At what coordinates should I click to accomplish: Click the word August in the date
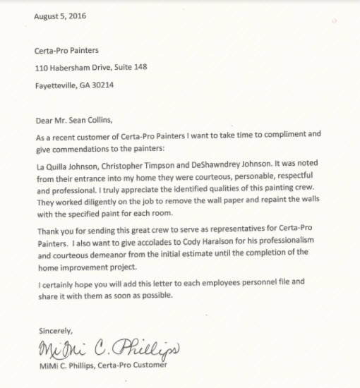pos(47,17)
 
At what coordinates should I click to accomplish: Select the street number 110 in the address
pos(41,68)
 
